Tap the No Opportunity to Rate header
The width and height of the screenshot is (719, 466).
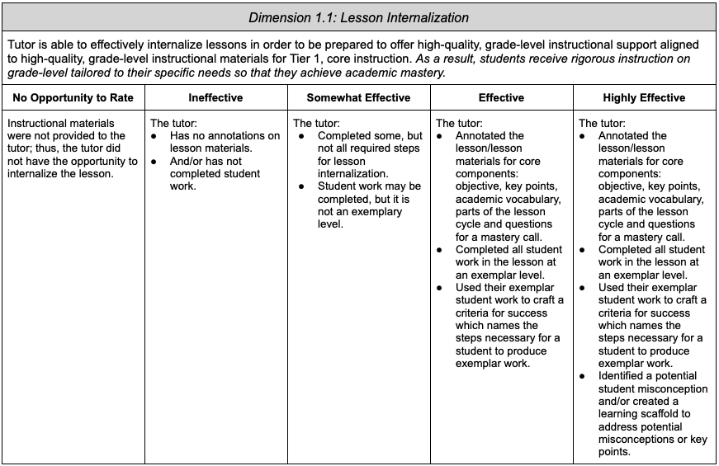(x=73, y=97)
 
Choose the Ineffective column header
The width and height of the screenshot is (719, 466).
(x=215, y=97)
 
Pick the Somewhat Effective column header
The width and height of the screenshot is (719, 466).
(x=358, y=97)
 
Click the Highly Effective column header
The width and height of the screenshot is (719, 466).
(x=644, y=97)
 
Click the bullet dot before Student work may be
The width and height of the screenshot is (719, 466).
(x=301, y=186)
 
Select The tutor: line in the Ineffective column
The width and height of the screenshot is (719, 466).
(x=172, y=123)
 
